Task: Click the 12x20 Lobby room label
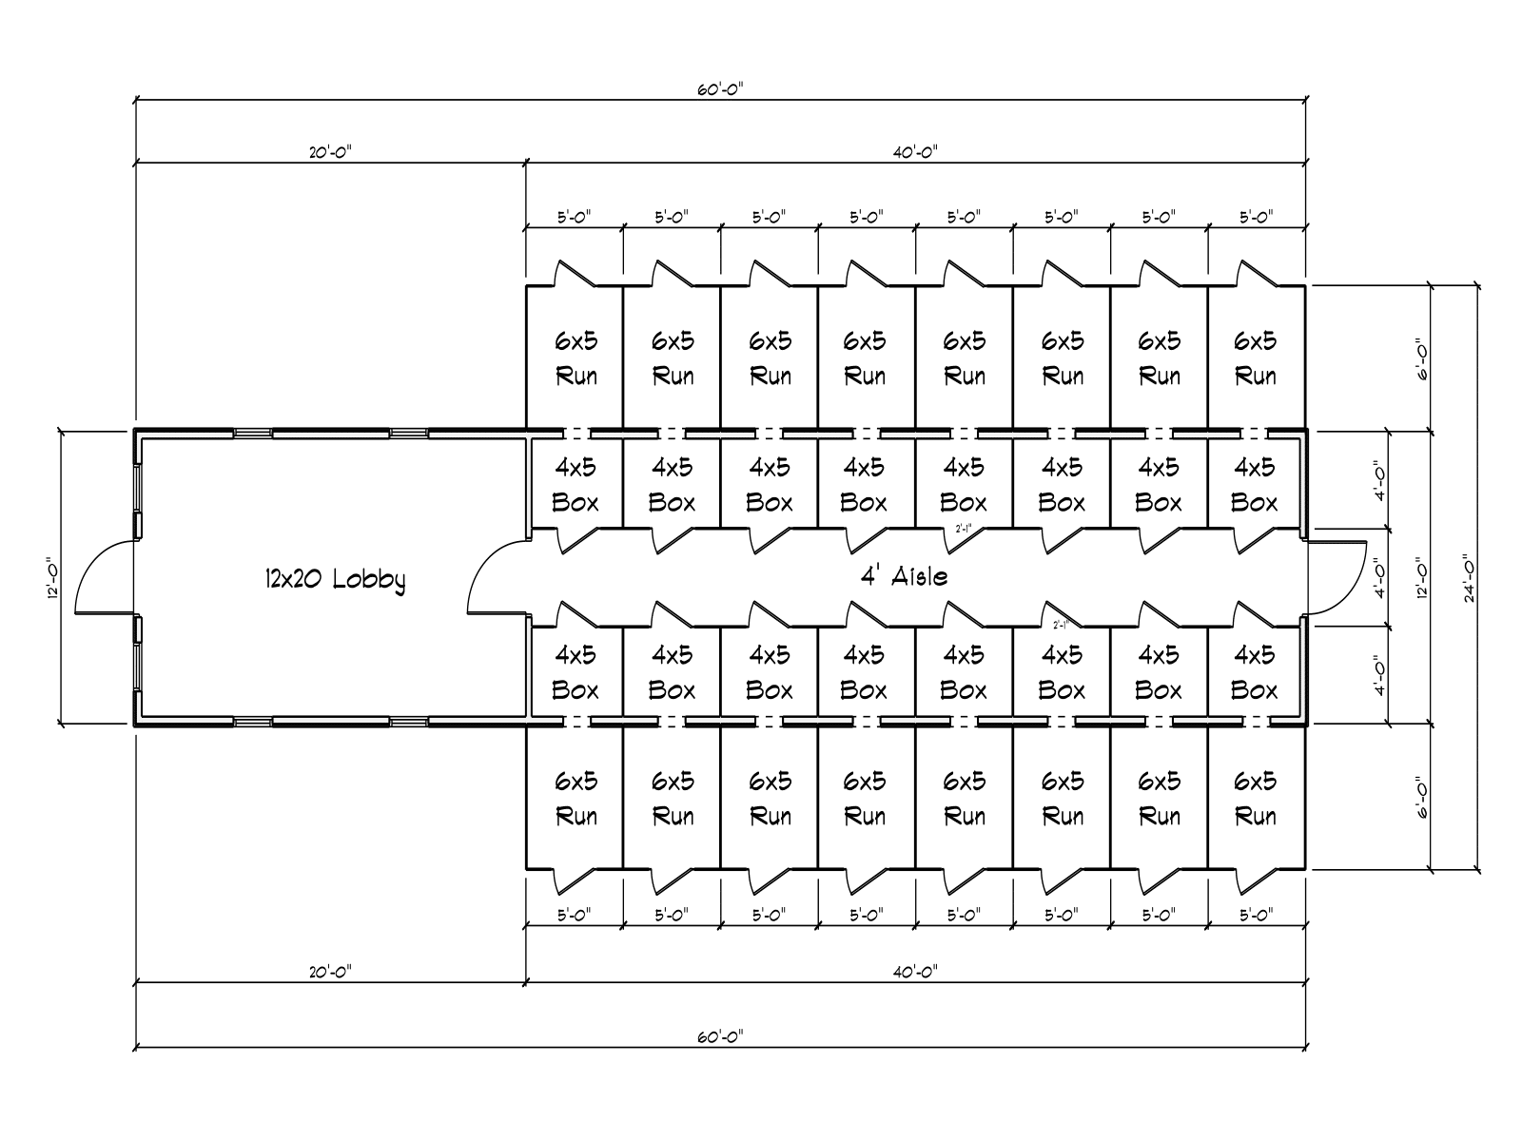(x=335, y=579)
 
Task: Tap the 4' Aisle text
(x=903, y=576)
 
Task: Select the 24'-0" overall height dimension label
(x=1470, y=578)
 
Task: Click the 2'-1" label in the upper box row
(x=963, y=530)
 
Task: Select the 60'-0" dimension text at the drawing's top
(x=720, y=89)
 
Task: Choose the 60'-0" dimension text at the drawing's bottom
(x=720, y=1035)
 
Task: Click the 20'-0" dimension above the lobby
(x=330, y=152)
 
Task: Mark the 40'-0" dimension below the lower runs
(x=915, y=972)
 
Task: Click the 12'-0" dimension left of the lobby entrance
(x=59, y=577)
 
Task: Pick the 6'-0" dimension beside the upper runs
(x=1421, y=358)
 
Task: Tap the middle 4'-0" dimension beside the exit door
(x=1380, y=577)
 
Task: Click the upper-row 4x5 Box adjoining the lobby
(x=576, y=484)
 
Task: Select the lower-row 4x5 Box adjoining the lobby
(x=576, y=671)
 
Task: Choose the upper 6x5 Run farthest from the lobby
(x=1256, y=358)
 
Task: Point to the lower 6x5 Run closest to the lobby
(x=576, y=798)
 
